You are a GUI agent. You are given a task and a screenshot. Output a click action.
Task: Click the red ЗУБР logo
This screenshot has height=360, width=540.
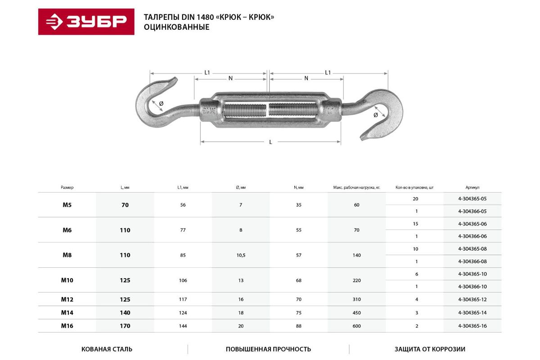(x=86, y=22)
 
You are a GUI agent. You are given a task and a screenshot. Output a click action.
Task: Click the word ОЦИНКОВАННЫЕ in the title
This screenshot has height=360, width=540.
(x=176, y=27)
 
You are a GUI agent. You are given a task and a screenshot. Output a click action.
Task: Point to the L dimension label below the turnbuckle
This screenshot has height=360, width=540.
(x=270, y=142)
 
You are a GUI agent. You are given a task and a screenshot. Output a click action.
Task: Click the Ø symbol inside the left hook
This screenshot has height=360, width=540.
(x=161, y=103)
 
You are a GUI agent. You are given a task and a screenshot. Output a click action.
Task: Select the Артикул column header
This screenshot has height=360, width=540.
(x=472, y=187)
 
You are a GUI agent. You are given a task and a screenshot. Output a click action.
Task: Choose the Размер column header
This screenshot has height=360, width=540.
(x=67, y=187)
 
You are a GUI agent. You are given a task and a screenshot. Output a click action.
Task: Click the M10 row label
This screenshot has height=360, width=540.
(x=67, y=280)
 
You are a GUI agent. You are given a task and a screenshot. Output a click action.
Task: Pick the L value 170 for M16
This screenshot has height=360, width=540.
(x=125, y=326)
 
